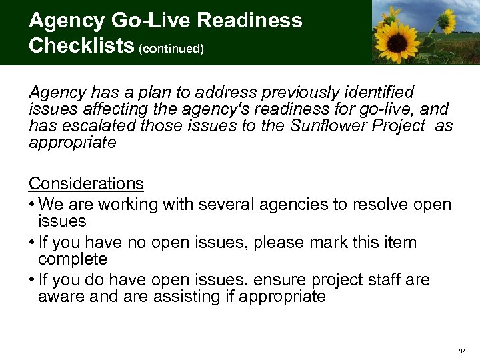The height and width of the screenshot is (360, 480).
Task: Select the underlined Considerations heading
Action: tap(86, 183)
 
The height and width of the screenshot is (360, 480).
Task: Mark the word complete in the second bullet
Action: tap(73, 259)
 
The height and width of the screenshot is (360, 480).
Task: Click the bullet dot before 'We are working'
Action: tap(32, 205)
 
